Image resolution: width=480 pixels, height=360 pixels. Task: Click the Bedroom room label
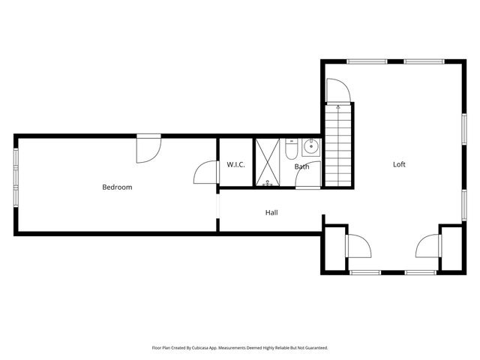point(117,187)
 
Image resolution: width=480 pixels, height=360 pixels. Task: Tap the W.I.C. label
point(236,164)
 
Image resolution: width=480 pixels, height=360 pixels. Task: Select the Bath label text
point(301,166)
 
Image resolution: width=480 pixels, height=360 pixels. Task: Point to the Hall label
point(271,212)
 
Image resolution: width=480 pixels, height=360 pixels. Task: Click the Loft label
point(400,164)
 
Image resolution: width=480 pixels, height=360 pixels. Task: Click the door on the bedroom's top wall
point(147,148)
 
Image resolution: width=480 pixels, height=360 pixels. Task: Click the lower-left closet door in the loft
point(358,245)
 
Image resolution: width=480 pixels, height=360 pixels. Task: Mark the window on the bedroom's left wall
point(15,177)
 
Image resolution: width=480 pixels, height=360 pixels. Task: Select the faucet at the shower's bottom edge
point(268,183)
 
